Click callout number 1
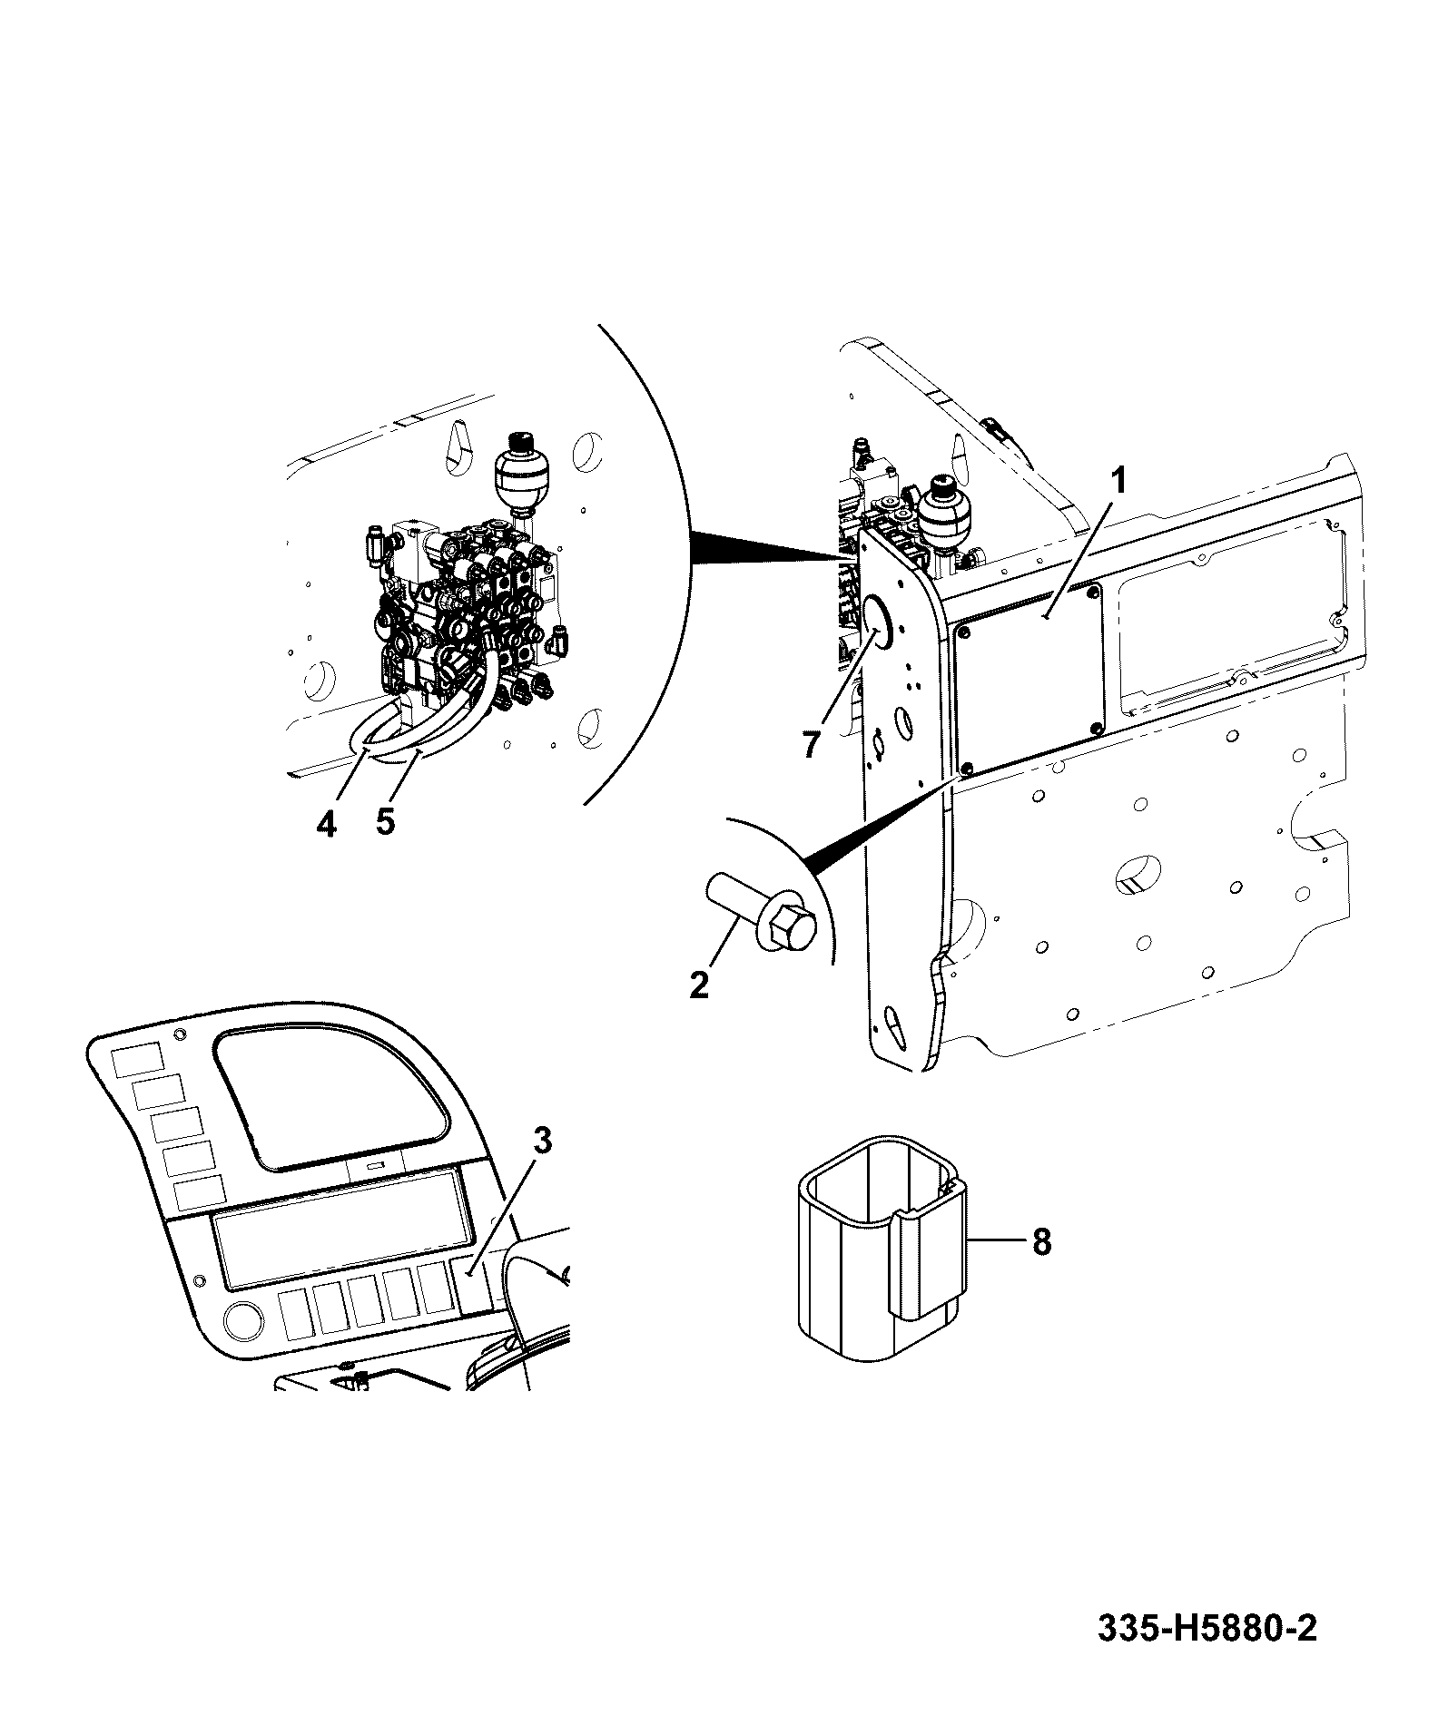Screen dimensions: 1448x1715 [x=1119, y=479]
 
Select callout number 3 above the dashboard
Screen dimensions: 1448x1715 [x=542, y=1142]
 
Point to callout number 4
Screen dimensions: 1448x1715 [x=326, y=823]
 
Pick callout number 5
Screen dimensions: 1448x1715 [x=385, y=822]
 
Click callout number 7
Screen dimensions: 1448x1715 [x=811, y=744]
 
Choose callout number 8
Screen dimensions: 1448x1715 [x=1041, y=1241]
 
